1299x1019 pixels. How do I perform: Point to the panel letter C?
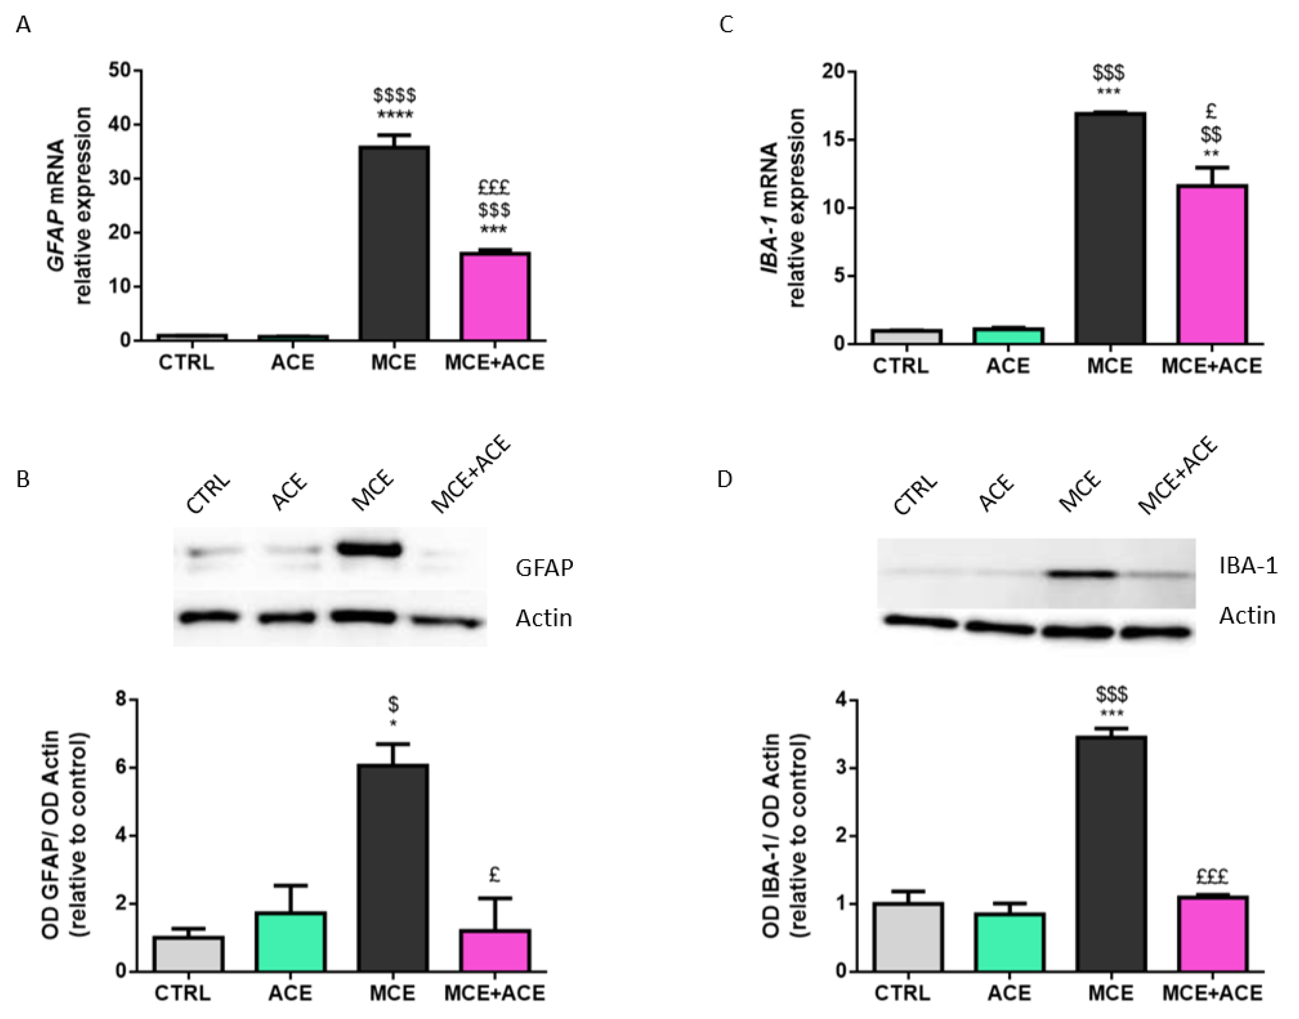click(x=726, y=25)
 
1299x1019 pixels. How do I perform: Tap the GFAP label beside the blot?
click(x=544, y=568)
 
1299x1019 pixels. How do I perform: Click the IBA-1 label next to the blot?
click(x=1248, y=566)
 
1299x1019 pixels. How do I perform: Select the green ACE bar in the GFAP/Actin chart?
click(x=290, y=941)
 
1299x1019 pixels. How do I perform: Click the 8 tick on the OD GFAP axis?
click(x=121, y=699)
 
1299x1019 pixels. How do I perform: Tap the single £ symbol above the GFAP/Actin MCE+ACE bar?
click(x=494, y=875)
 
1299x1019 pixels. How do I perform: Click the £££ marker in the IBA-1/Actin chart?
click(x=1213, y=876)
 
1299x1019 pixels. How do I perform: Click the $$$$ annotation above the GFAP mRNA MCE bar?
click(x=394, y=95)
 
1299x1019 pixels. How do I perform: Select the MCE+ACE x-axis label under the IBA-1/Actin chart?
click(x=1213, y=993)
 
